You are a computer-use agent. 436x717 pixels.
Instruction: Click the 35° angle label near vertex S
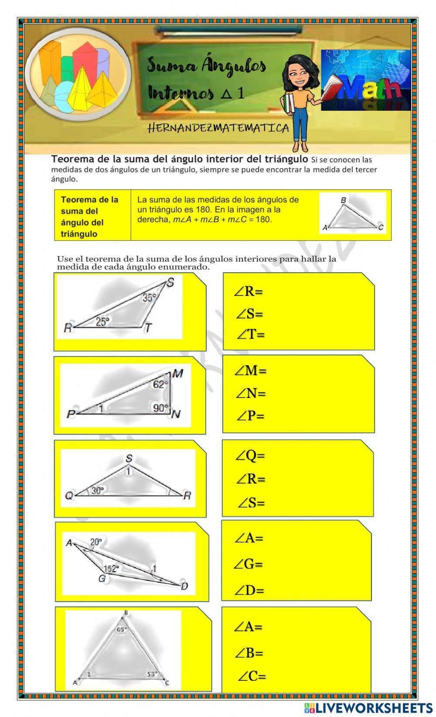[x=149, y=298]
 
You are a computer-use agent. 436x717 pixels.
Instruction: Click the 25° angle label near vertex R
[x=102, y=322]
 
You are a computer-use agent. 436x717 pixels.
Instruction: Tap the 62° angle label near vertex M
[x=160, y=384]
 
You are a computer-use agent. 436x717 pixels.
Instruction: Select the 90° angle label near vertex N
[x=160, y=408]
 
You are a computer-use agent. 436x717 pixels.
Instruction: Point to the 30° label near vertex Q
[x=97, y=491]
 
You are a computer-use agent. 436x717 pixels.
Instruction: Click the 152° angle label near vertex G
[x=111, y=569]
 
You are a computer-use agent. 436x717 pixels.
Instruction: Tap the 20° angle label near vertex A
[x=96, y=542]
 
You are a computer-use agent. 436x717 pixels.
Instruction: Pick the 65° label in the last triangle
[x=122, y=630]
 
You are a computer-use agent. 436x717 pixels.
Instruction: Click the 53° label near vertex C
[x=152, y=674]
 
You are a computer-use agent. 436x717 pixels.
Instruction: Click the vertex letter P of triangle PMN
[x=71, y=414]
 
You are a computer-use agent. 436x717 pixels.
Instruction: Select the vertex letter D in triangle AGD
[x=184, y=586]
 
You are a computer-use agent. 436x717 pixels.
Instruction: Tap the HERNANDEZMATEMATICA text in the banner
[x=218, y=128]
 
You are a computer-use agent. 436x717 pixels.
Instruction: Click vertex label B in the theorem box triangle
[x=343, y=200]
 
